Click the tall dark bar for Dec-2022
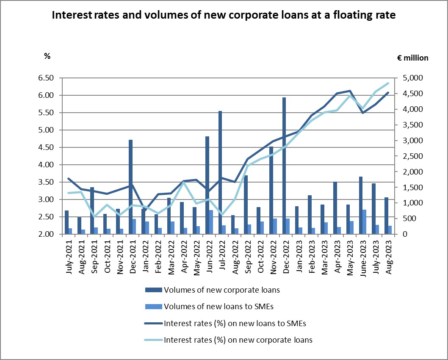point(284,166)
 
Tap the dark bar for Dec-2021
point(130,187)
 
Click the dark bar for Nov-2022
point(271,190)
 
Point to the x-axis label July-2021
point(69,259)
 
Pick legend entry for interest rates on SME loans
point(235,324)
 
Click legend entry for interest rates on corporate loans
point(238,340)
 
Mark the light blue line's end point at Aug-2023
point(388,83)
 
